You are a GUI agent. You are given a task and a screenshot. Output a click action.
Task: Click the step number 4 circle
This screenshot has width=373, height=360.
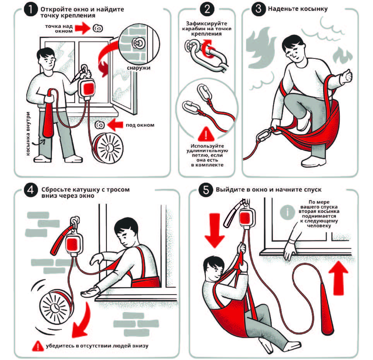click(29, 190)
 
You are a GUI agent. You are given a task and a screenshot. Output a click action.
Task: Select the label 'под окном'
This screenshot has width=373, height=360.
click(140, 125)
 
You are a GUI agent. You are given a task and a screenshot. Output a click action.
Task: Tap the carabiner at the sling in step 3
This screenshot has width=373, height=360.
click(264, 135)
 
